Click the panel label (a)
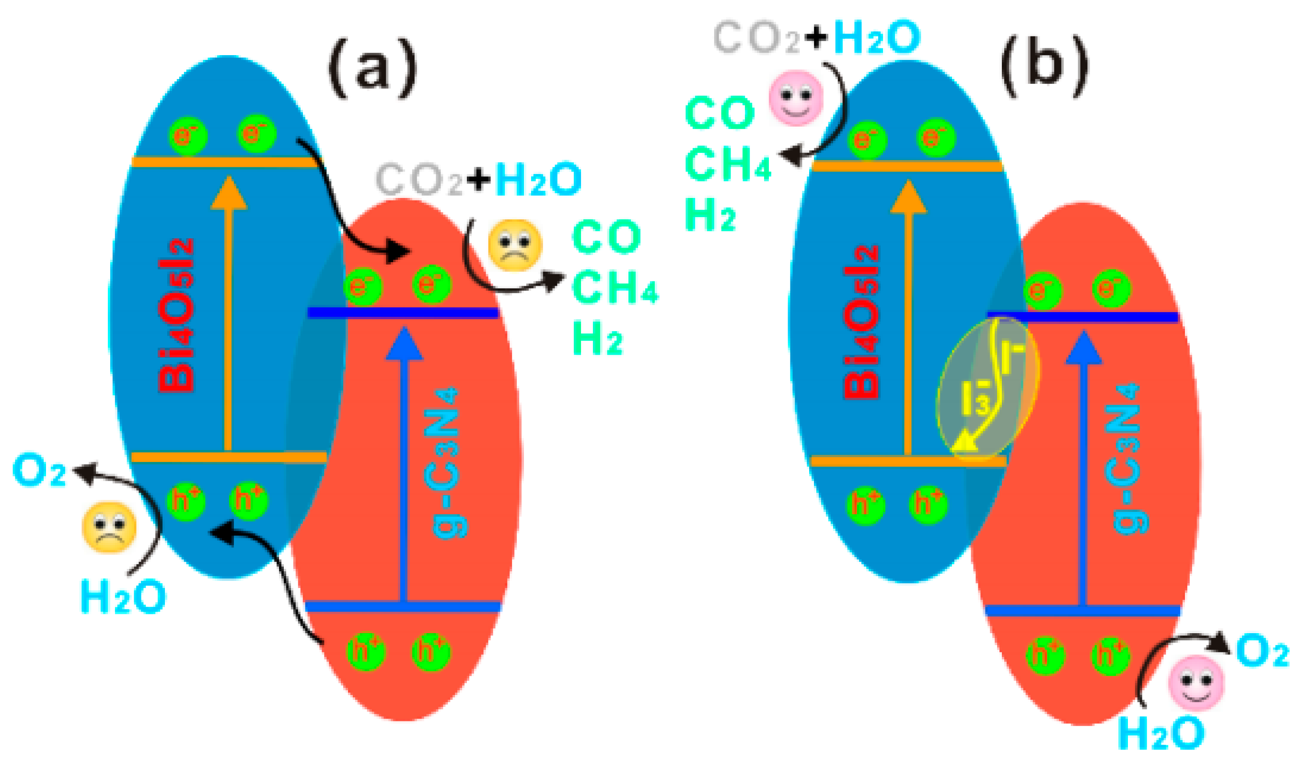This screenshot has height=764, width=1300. (372, 68)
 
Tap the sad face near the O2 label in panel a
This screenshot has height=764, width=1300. (109, 527)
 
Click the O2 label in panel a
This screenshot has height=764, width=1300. (39, 470)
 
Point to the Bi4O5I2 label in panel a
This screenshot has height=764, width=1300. (176, 315)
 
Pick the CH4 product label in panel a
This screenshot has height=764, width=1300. (614, 287)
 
